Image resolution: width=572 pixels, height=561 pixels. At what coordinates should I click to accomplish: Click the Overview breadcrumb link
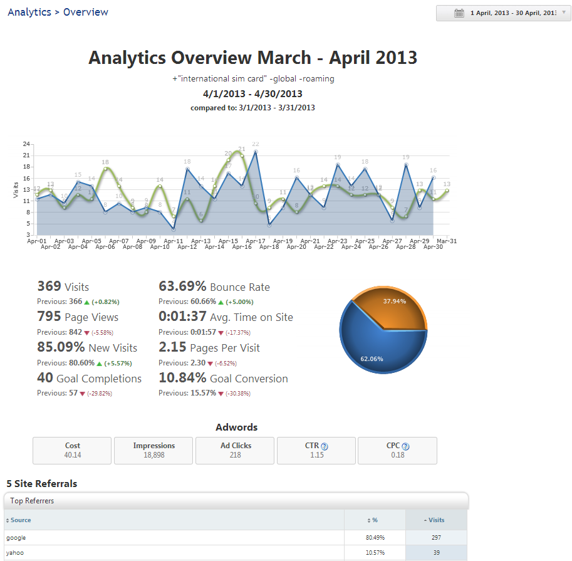[86, 12]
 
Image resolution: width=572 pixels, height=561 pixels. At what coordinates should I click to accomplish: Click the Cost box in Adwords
[72, 450]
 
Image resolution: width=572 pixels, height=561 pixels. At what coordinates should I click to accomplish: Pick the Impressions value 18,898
[153, 455]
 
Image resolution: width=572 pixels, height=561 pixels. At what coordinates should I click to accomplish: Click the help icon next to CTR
[325, 446]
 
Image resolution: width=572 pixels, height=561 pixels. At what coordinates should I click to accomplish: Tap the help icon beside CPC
[405, 446]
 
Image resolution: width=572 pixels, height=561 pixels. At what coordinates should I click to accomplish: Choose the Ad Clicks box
[235, 450]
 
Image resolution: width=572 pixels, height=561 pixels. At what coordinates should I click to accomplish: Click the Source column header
[21, 520]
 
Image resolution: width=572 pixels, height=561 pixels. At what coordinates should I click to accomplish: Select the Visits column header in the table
[436, 520]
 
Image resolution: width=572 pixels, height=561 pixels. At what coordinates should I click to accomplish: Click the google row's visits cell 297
[436, 538]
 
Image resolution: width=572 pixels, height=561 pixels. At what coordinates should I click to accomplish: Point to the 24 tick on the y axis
[26, 144]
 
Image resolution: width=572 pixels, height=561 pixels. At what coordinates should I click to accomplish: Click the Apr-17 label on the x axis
[255, 241]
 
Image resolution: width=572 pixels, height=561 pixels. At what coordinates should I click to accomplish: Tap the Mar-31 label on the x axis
[446, 241]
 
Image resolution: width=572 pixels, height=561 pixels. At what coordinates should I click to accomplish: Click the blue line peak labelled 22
[256, 151]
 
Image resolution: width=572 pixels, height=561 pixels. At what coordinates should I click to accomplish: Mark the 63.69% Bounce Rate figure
[182, 286]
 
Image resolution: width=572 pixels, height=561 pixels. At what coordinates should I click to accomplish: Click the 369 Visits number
[49, 286]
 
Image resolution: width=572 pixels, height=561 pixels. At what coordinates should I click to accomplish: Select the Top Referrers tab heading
[32, 501]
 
